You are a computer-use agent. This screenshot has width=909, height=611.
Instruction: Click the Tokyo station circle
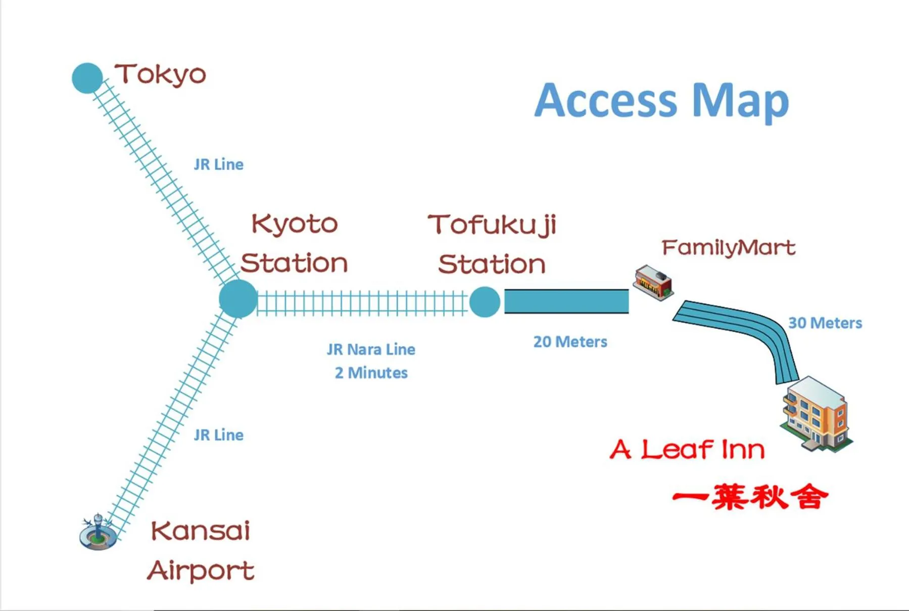(x=87, y=78)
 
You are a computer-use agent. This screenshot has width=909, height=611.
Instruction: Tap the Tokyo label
(x=161, y=75)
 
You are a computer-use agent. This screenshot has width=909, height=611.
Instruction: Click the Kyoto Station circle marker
(x=238, y=299)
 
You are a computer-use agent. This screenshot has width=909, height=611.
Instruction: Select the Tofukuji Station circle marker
(x=485, y=302)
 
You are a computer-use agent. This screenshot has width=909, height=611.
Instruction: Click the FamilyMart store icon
(x=653, y=283)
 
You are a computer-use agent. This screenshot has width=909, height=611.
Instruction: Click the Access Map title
(x=661, y=101)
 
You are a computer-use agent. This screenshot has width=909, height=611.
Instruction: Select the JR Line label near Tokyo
(x=218, y=165)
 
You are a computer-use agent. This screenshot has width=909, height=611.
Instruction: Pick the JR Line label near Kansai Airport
(x=218, y=435)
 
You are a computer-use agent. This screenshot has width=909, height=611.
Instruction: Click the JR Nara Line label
(x=371, y=349)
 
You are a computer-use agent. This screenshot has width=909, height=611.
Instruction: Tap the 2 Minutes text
(x=371, y=373)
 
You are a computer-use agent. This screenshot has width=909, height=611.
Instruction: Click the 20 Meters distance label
(x=570, y=342)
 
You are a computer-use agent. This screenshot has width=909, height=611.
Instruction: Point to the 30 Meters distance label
(x=825, y=323)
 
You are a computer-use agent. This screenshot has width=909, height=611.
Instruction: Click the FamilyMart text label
(x=728, y=248)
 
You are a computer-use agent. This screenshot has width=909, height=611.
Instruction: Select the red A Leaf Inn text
(x=687, y=449)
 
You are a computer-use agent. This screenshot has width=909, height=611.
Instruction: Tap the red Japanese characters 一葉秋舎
(x=750, y=497)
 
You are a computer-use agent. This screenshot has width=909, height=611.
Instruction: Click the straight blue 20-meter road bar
(x=566, y=302)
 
